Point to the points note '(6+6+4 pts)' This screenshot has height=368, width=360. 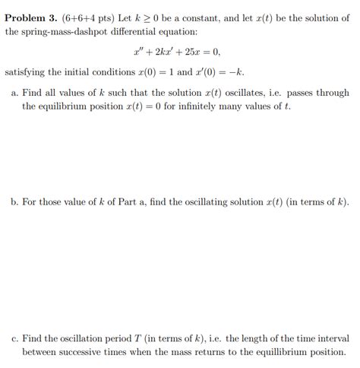87,17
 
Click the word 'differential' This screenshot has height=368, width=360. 141,31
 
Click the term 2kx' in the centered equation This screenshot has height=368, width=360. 163,52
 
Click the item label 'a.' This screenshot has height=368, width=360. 14,92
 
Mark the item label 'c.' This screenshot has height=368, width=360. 14,338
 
